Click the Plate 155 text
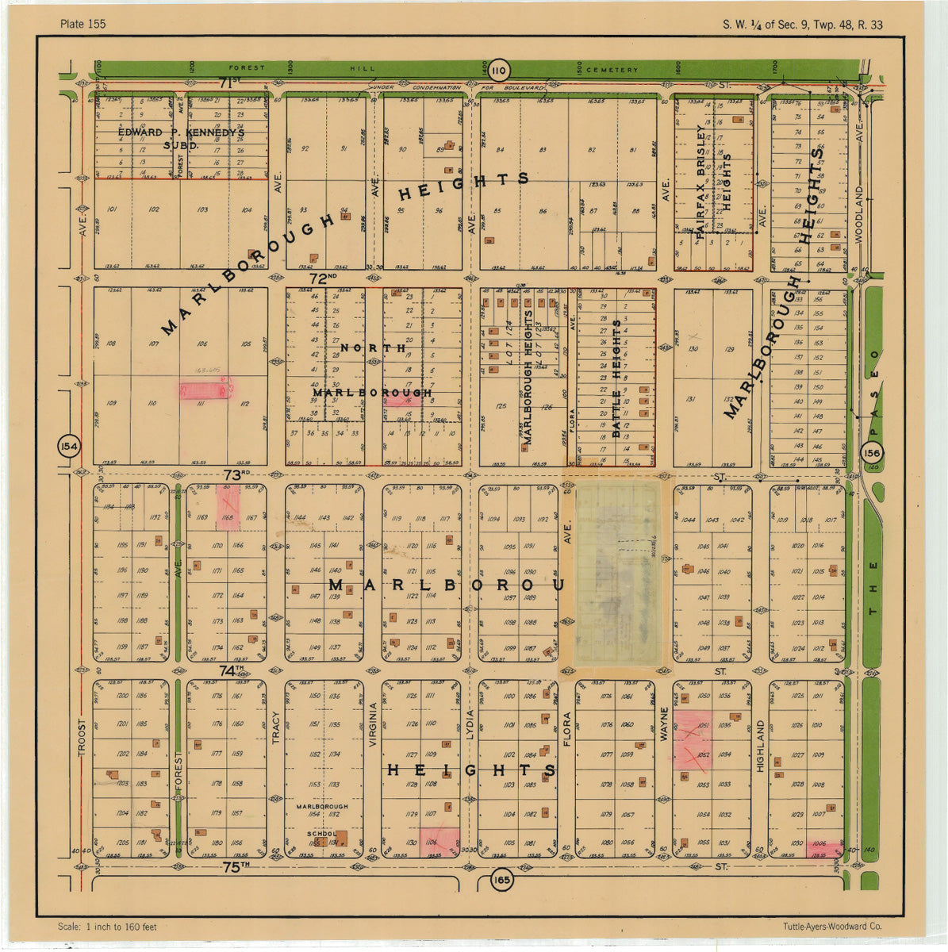pos(83,24)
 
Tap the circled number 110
pos(497,69)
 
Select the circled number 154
pos(69,447)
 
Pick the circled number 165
pos(501,880)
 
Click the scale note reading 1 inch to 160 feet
pos(107,927)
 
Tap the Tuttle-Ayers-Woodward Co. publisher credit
pos(831,927)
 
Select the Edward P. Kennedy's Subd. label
pos(182,139)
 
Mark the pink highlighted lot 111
pos(205,390)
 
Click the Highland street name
pos(759,746)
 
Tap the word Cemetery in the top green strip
pos(612,70)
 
